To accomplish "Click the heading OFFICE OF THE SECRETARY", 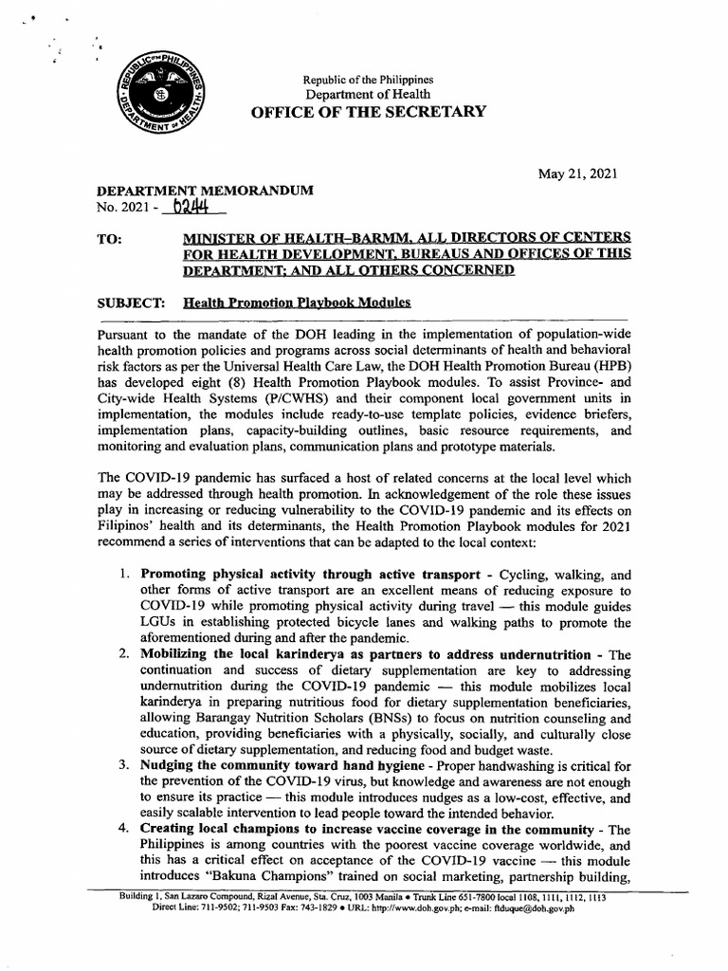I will tap(369, 112).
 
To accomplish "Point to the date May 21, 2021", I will tap(578, 174).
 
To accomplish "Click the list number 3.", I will tap(124, 764).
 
